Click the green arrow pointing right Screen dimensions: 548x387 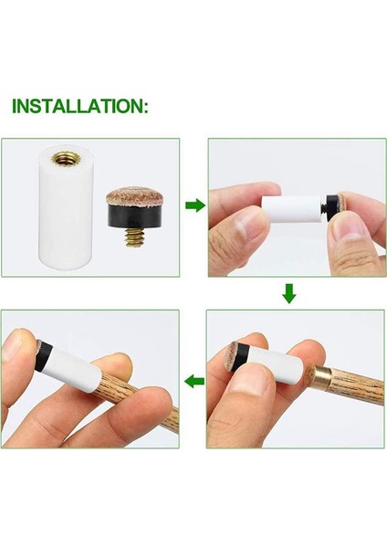194,205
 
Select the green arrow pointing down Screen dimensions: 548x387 288,293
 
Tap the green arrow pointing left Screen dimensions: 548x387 193,380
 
